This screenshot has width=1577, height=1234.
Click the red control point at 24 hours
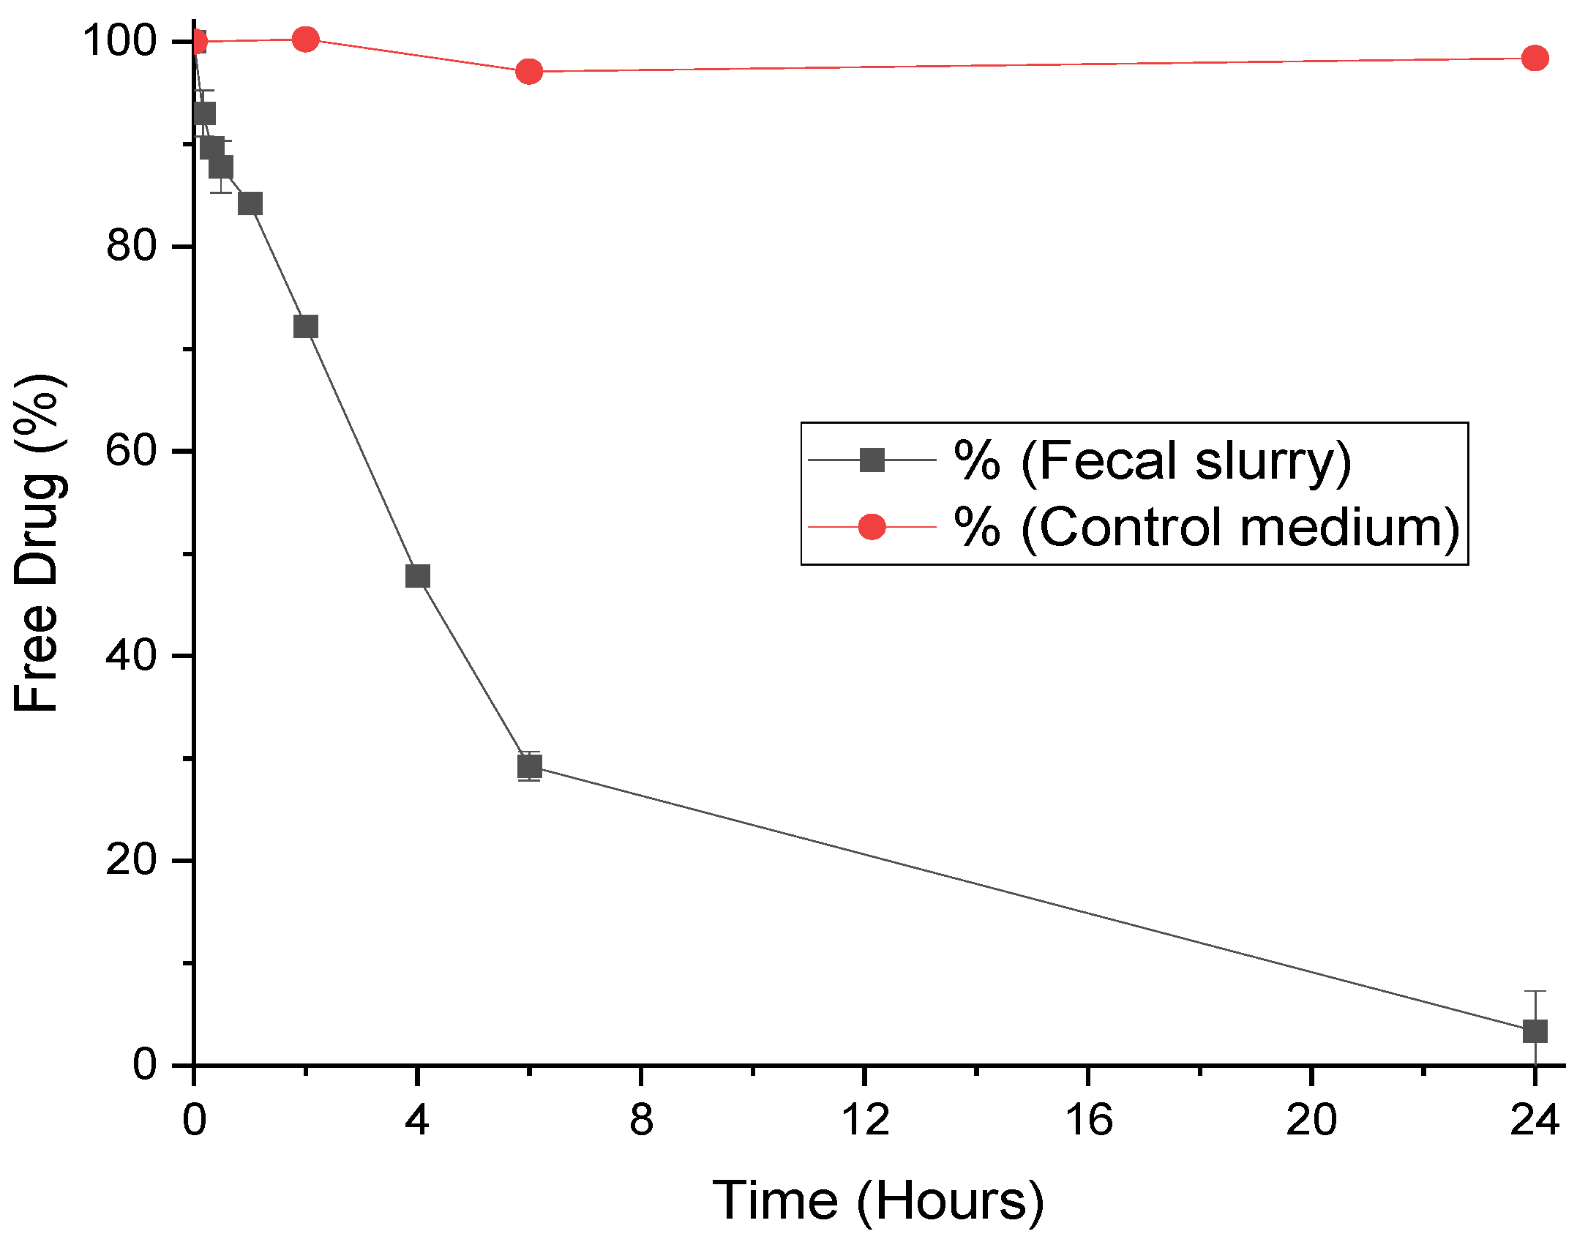pyautogui.click(x=1535, y=59)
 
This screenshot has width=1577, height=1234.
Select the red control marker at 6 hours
pyautogui.click(x=529, y=72)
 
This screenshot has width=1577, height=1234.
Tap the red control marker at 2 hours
pyautogui.click(x=305, y=39)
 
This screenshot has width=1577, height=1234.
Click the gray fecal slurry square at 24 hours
pyautogui.click(x=1535, y=1031)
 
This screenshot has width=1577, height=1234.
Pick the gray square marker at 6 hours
pyautogui.click(x=529, y=766)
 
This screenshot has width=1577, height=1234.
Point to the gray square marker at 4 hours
pyautogui.click(x=417, y=576)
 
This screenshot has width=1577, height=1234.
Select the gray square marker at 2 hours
pyautogui.click(x=305, y=326)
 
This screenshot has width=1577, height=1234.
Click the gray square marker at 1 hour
pyautogui.click(x=250, y=203)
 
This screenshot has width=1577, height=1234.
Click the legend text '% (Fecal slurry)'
pyautogui.click(x=1153, y=460)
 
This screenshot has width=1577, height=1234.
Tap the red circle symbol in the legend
pyautogui.click(x=872, y=526)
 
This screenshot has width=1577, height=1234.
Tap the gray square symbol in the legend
pyautogui.click(x=872, y=460)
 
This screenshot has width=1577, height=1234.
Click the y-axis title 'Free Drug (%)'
pyautogui.click(x=38, y=543)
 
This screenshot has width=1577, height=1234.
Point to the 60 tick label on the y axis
pyautogui.click(x=132, y=450)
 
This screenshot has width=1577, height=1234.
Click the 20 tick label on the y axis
pyautogui.click(x=132, y=859)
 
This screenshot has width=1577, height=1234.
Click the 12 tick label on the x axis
pyautogui.click(x=865, y=1119)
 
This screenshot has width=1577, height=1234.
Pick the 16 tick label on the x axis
pyautogui.click(x=1088, y=1119)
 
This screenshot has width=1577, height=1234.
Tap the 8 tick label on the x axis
pyautogui.click(x=641, y=1119)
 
